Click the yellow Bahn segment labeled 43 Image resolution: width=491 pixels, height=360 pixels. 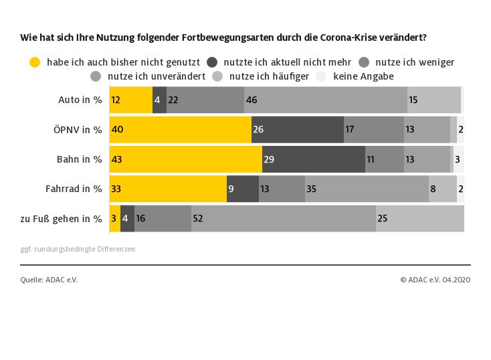click(185, 159)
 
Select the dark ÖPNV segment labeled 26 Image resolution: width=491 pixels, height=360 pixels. click(298, 130)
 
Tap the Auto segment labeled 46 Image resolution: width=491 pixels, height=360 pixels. click(326, 100)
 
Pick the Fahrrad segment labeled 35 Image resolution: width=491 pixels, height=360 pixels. click(367, 189)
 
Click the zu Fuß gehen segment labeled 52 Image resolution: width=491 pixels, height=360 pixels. click(284, 218)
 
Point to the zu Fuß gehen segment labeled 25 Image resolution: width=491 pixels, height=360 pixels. click(420, 218)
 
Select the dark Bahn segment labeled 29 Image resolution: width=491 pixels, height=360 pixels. click(313, 159)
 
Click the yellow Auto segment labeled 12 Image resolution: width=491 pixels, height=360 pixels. click(131, 100)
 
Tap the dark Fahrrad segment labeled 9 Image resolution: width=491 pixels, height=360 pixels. click(243, 189)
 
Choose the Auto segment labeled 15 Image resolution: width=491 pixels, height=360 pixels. click(434, 100)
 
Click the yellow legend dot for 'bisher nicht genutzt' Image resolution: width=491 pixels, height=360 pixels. click(35, 62)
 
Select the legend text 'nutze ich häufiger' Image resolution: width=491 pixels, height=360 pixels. click(269, 76)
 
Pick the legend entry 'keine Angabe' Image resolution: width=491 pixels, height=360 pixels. click(363, 76)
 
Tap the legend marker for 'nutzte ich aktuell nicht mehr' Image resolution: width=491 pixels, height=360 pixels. click(212, 62)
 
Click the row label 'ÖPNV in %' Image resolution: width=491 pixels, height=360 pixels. click(78, 130)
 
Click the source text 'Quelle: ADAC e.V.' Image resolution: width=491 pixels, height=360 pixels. click(49, 280)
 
